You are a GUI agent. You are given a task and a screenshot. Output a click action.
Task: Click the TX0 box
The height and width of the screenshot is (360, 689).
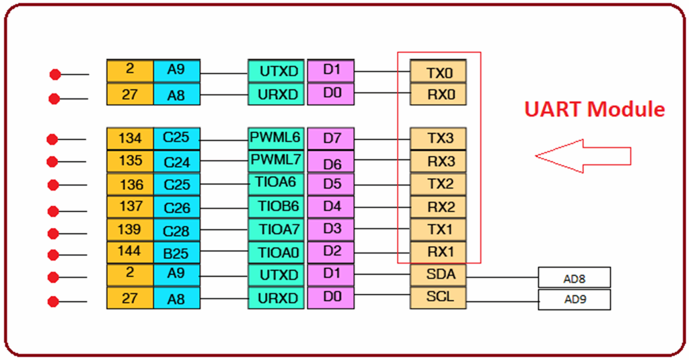point(437,71)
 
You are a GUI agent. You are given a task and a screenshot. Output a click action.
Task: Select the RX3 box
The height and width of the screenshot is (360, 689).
point(437,161)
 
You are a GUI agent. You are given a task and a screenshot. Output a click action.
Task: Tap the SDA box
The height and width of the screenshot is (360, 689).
point(437,275)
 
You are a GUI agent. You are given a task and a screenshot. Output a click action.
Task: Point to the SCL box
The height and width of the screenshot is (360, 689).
point(437,297)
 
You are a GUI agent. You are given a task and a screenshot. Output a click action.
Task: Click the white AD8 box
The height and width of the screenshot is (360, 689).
point(574,277)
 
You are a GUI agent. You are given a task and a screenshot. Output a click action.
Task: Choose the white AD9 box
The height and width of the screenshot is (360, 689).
point(574,299)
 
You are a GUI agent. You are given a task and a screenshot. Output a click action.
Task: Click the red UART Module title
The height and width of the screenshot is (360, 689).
point(595,109)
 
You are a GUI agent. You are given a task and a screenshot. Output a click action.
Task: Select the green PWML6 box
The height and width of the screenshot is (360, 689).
point(276,139)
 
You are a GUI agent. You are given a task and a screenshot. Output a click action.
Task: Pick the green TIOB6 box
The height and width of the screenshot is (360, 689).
point(276,207)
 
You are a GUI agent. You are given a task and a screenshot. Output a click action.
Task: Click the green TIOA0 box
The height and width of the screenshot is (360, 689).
point(276,252)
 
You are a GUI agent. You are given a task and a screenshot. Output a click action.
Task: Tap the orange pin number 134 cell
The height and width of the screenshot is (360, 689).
point(130,139)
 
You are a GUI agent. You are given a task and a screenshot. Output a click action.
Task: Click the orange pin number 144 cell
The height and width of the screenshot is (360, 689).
point(130,252)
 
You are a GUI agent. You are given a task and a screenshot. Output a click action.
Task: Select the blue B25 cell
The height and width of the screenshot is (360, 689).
point(176,252)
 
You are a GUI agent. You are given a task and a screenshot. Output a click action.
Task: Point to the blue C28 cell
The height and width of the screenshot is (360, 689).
point(176,229)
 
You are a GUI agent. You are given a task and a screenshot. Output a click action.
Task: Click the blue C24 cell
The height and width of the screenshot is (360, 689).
point(176,161)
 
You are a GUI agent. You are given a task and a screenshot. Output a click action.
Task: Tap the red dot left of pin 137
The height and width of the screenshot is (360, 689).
point(53,211)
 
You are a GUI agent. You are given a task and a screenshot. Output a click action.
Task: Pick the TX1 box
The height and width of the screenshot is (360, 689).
point(437,229)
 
